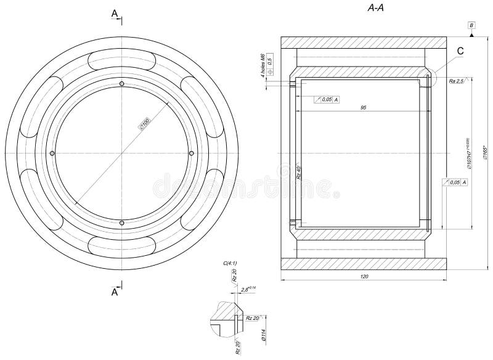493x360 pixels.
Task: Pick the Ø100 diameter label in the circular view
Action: click(145, 124)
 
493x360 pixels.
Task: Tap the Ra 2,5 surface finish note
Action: click(455, 81)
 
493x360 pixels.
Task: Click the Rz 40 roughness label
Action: click(298, 173)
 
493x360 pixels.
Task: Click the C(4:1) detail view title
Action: click(230, 263)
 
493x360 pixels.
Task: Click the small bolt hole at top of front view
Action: click(122, 84)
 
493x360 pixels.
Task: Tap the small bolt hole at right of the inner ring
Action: click(192, 153)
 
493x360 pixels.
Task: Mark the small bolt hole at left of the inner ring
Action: click(52, 153)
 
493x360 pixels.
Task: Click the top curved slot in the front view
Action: click(122, 61)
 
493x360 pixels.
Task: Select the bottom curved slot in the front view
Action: click(122, 245)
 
